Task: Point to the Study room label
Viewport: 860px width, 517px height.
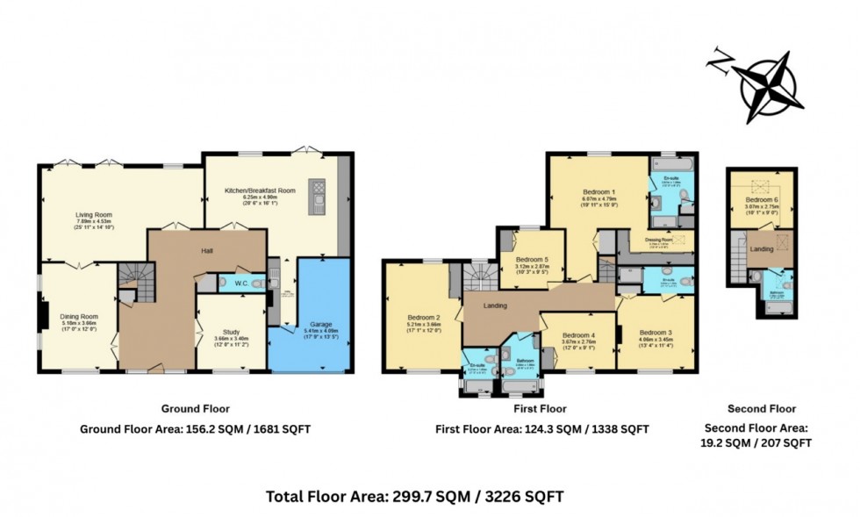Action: coord(232,331)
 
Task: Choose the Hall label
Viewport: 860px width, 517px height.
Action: coord(207,251)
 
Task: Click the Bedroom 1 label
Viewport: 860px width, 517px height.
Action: coord(600,191)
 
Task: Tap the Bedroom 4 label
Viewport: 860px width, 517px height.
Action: coord(578,335)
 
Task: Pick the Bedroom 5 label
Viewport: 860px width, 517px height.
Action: coord(532,260)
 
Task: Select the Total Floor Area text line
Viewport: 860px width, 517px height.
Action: coord(414,497)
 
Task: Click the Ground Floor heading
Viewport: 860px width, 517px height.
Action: coord(194,409)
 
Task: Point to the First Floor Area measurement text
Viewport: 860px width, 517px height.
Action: coord(541,429)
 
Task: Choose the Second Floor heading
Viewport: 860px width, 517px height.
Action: coord(761,409)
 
